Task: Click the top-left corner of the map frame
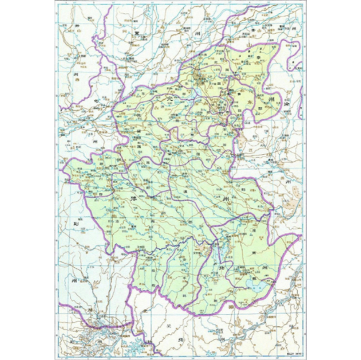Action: (x=55, y=2)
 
